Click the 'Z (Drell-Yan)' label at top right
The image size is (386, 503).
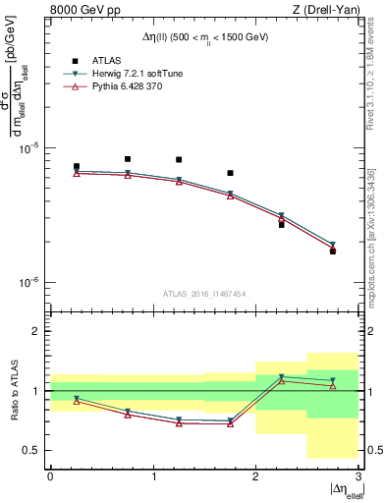[325, 12]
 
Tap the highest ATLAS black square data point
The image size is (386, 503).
[128, 159]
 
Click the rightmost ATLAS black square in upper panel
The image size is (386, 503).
[333, 251]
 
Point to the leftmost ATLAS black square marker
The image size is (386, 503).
[77, 167]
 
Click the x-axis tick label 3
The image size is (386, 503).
[358, 476]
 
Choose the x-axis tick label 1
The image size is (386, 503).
[153, 476]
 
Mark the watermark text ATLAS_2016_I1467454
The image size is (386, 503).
[204, 294]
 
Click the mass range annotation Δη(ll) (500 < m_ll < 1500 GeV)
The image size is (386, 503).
[204, 37]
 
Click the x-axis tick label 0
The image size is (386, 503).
[51, 476]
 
